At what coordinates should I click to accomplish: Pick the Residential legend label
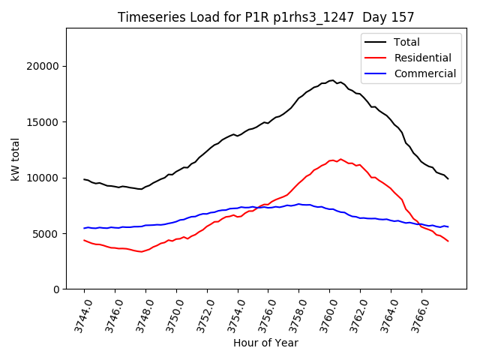click(x=422, y=58)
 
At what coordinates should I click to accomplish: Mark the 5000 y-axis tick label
click(x=47, y=233)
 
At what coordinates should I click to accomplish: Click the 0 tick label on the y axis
click(x=56, y=289)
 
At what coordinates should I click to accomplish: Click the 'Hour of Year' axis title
click(x=265, y=343)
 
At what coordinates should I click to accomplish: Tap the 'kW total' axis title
click(x=16, y=158)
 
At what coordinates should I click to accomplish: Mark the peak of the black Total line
click(x=331, y=80)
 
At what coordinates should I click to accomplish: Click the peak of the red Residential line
click(x=340, y=159)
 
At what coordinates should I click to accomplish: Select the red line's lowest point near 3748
click(x=140, y=251)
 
